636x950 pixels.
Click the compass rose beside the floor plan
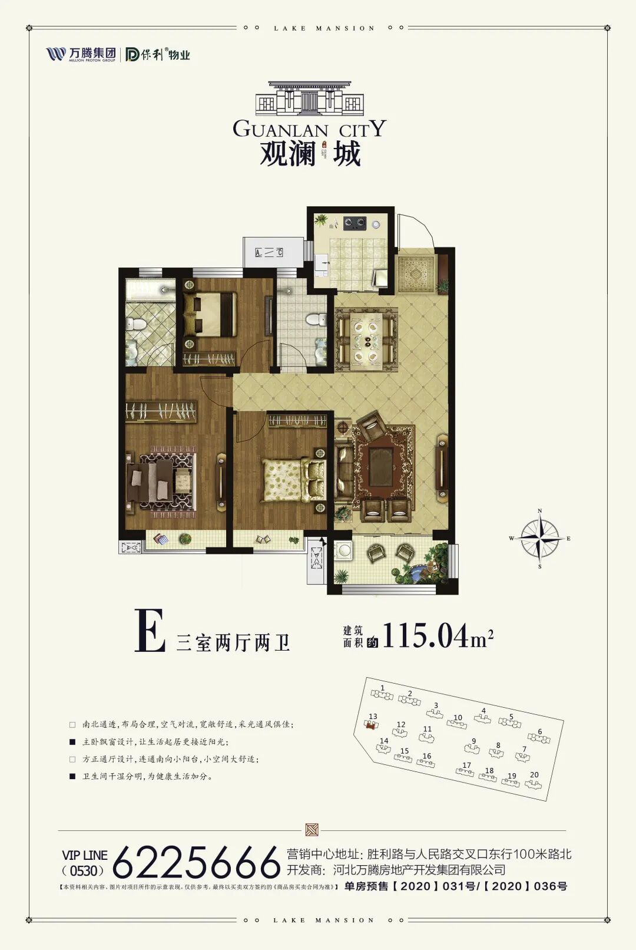point(540,538)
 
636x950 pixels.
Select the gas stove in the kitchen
point(355,223)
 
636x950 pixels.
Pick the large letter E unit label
point(150,631)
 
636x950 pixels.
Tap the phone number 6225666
point(196,863)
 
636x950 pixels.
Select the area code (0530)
point(83,870)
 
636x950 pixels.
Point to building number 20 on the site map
point(534,781)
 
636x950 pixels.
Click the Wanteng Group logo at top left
point(81,54)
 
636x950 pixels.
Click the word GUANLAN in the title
point(280,129)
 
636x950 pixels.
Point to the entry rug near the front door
point(416,273)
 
